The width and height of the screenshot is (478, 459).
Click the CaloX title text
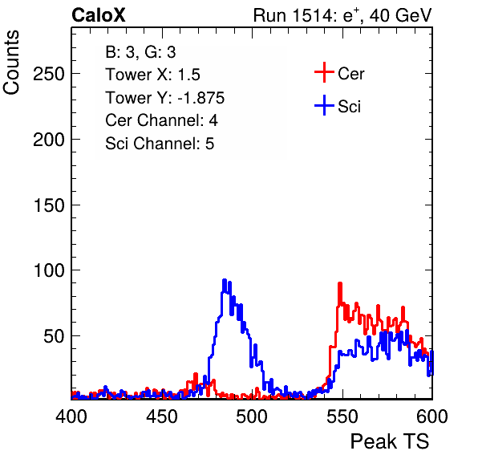click(98, 15)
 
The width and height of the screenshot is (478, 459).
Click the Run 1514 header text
click(342, 15)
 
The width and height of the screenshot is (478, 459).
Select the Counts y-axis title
click(11, 63)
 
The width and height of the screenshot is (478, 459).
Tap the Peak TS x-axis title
click(390, 441)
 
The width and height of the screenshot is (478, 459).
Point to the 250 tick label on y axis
click(49, 74)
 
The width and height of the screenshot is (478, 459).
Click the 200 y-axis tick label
click(49, 140)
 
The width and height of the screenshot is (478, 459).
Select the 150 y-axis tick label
click(49, 205)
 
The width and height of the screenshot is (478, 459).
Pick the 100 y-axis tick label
click(49, 270)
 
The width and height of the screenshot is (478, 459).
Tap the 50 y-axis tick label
click(55, 336)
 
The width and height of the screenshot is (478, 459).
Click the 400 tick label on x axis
click(71, 416)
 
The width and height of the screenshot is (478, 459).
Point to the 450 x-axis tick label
click(161, 416)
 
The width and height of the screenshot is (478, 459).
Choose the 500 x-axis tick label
click(252, 416)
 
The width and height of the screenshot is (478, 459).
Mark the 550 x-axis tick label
click(342, 416)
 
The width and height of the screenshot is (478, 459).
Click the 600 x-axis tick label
click(432, 416)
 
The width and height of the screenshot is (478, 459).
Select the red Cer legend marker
click(324, 72)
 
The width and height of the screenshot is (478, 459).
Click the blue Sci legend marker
click(324, 106)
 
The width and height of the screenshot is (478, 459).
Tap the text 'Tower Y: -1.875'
click(165, 98)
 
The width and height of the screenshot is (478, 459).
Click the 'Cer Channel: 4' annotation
click(161, 120)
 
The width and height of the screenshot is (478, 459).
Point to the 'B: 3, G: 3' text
click(140, 52)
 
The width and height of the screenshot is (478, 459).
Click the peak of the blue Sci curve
click(225, 280)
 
